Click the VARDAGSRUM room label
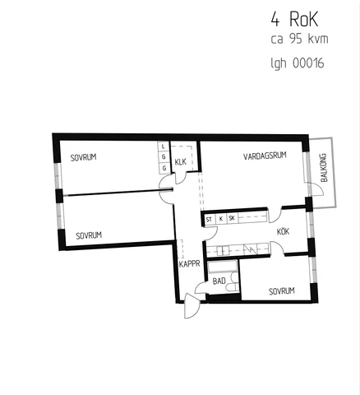coord(265,156)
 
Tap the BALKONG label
coord(324,167)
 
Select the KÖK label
coord(283,232)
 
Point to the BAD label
coord(219,281)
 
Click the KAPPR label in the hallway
coord(189,264)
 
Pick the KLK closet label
coord(181,162)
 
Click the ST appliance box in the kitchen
coord(209,220)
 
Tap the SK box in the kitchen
coord(232,219)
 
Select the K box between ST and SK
coord(221,219)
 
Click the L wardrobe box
coord(164,146)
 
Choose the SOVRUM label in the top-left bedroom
coord(83,157)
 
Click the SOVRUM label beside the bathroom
coord(282,291)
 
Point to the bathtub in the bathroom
coord(223,267)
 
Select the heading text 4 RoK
coord(295,20)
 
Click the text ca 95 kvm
coord(299,39)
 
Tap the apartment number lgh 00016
coord(298,63)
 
